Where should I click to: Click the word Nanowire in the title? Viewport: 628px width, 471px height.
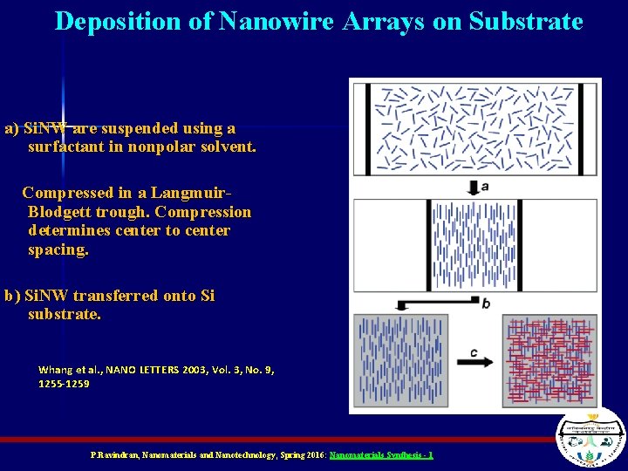point(276,21)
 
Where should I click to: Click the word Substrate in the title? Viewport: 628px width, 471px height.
point(525,21)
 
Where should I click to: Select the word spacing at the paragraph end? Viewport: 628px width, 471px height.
point(58,249)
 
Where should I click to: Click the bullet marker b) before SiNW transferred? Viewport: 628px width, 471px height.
point(12,296)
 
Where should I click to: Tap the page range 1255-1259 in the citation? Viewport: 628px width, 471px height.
point(64,383)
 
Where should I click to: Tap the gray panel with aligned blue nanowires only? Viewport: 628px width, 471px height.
point(400,361)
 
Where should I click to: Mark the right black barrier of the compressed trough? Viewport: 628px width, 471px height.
point(521,245)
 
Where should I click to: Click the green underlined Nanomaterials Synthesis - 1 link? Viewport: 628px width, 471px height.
point(381,455)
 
